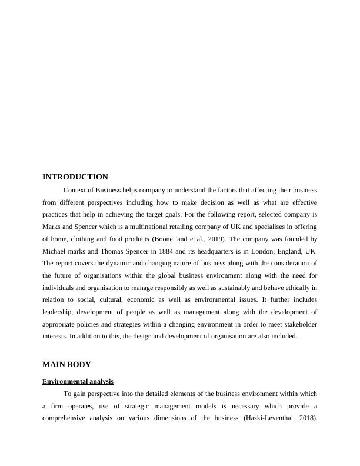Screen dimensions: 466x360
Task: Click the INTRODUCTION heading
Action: [75, 177]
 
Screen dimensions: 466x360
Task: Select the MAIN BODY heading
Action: [66, 364]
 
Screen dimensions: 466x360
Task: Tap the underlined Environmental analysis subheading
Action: [78, 381]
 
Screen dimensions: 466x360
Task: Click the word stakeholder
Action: [297, 324]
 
